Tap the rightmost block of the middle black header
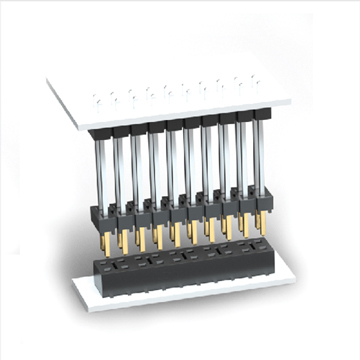tap(261, 200)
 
